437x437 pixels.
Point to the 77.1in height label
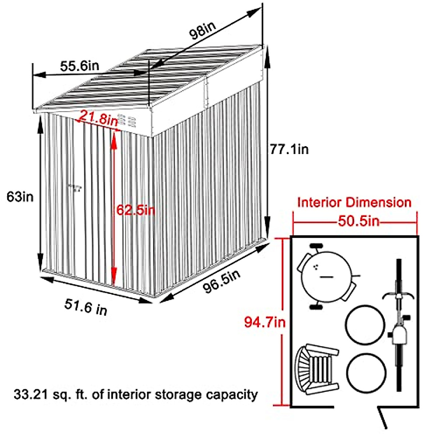[x=289, y=149]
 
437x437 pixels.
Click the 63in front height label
[x=20, y=197]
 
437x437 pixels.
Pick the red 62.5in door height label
[x=135, y=210]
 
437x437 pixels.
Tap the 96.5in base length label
[x=222, y=281]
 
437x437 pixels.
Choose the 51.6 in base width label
[x=86, y=306]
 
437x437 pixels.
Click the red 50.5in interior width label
[x=358, y=221]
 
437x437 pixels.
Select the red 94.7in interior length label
[x=265, y=322]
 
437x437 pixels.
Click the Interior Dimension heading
[x=354, y=202]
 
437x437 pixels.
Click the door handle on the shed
[x=76, y=188]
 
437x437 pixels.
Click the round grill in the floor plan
[x=326, y=277]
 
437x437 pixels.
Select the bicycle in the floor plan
[x=399, y=328]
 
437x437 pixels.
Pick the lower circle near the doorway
[x=366, y=373]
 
